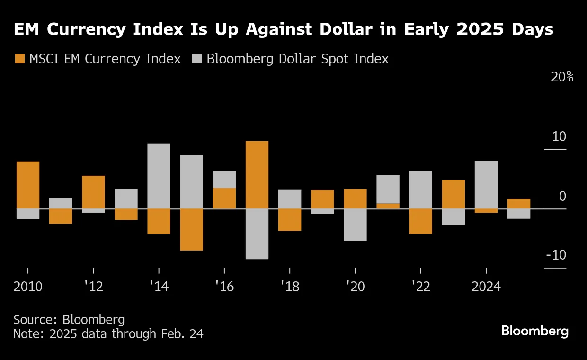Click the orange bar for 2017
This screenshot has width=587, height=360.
(257, 175)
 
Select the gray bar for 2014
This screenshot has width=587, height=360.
(159, 176)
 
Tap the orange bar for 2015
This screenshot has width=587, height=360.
(192, 229)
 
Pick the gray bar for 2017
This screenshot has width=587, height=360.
(257, 234)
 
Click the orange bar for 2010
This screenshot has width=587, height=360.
(28, 185)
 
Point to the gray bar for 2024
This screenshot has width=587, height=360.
(486, 185)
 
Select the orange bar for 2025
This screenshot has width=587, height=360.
(519, 204)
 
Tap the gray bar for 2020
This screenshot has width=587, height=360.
(355, 225)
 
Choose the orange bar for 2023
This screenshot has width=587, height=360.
(454, 194)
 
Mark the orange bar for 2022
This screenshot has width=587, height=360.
(421, 221)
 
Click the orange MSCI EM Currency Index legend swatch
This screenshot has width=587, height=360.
(20, 59)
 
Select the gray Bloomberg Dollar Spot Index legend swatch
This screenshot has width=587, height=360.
(197, 59)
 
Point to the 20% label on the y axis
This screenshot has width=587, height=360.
(562, 77)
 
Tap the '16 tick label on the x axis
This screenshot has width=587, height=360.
(224, 287)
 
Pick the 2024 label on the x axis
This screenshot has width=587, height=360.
(486, 287)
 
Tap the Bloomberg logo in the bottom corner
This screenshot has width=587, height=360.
(534, 331)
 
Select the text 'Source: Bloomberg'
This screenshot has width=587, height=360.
(69, 319)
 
